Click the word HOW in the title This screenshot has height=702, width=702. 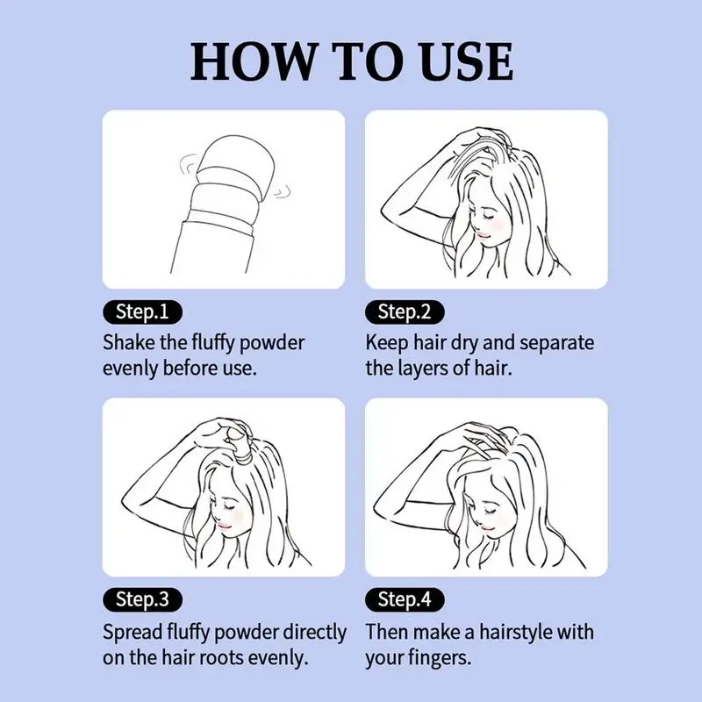(x=252, y=61)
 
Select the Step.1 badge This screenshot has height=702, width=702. (x=142, y=312)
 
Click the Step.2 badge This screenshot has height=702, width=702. (x=405, y=312)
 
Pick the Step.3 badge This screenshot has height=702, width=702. (x=142, y=599)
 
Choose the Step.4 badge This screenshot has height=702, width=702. (x=405, y=599)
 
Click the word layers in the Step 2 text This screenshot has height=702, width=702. (x=422, y=369)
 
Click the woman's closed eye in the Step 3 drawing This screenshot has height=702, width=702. (x=229, y=506)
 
